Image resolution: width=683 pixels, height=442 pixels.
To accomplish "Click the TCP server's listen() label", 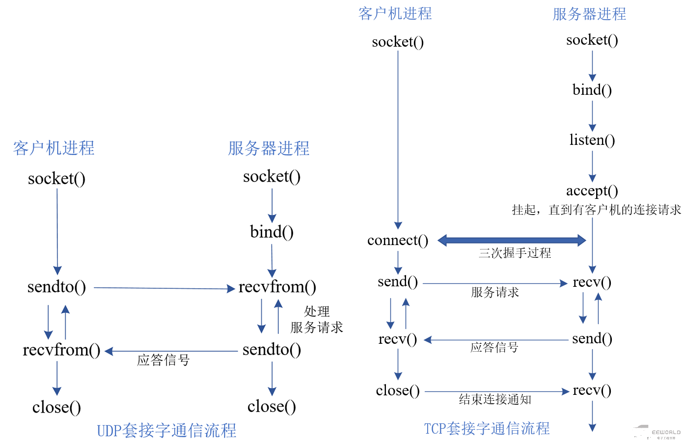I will click(592, 140).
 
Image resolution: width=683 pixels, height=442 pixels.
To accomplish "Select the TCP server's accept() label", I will click(592, 191).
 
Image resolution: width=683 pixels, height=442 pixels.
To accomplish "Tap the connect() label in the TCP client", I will click(398, 241).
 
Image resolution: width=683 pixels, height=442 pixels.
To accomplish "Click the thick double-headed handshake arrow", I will click(512, 240).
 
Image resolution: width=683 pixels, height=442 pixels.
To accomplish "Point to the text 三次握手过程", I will click(515, 253).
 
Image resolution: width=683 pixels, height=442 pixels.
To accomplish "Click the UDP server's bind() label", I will click(272, 232).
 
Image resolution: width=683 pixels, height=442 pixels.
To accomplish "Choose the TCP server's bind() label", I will click(592, 90).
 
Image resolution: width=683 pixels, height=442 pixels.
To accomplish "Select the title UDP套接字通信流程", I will click(166, 431).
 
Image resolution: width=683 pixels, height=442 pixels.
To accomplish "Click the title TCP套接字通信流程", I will click(487, 429).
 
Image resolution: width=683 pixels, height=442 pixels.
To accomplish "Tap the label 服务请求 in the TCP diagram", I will click(494, 293).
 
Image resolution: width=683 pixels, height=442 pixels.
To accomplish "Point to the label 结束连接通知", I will click(495, 400).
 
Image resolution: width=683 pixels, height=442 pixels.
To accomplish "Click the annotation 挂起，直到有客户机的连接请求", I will click(596, 210).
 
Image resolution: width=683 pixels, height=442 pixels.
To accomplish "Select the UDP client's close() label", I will click(56, 407).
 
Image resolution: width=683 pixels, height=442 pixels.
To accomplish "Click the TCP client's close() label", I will click(398, 391).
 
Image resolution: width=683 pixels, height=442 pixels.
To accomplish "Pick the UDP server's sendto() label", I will click(272, 350).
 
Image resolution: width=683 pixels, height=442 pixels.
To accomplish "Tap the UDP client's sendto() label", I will click(56, 287).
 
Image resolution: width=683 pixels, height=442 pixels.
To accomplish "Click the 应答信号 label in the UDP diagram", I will click(163, 360).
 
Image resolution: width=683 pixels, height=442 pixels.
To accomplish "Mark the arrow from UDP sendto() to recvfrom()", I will click(164, 288).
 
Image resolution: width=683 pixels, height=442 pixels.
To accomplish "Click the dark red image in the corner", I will click(656, 432).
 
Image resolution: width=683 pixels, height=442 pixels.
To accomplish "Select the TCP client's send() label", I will click(398, 282).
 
